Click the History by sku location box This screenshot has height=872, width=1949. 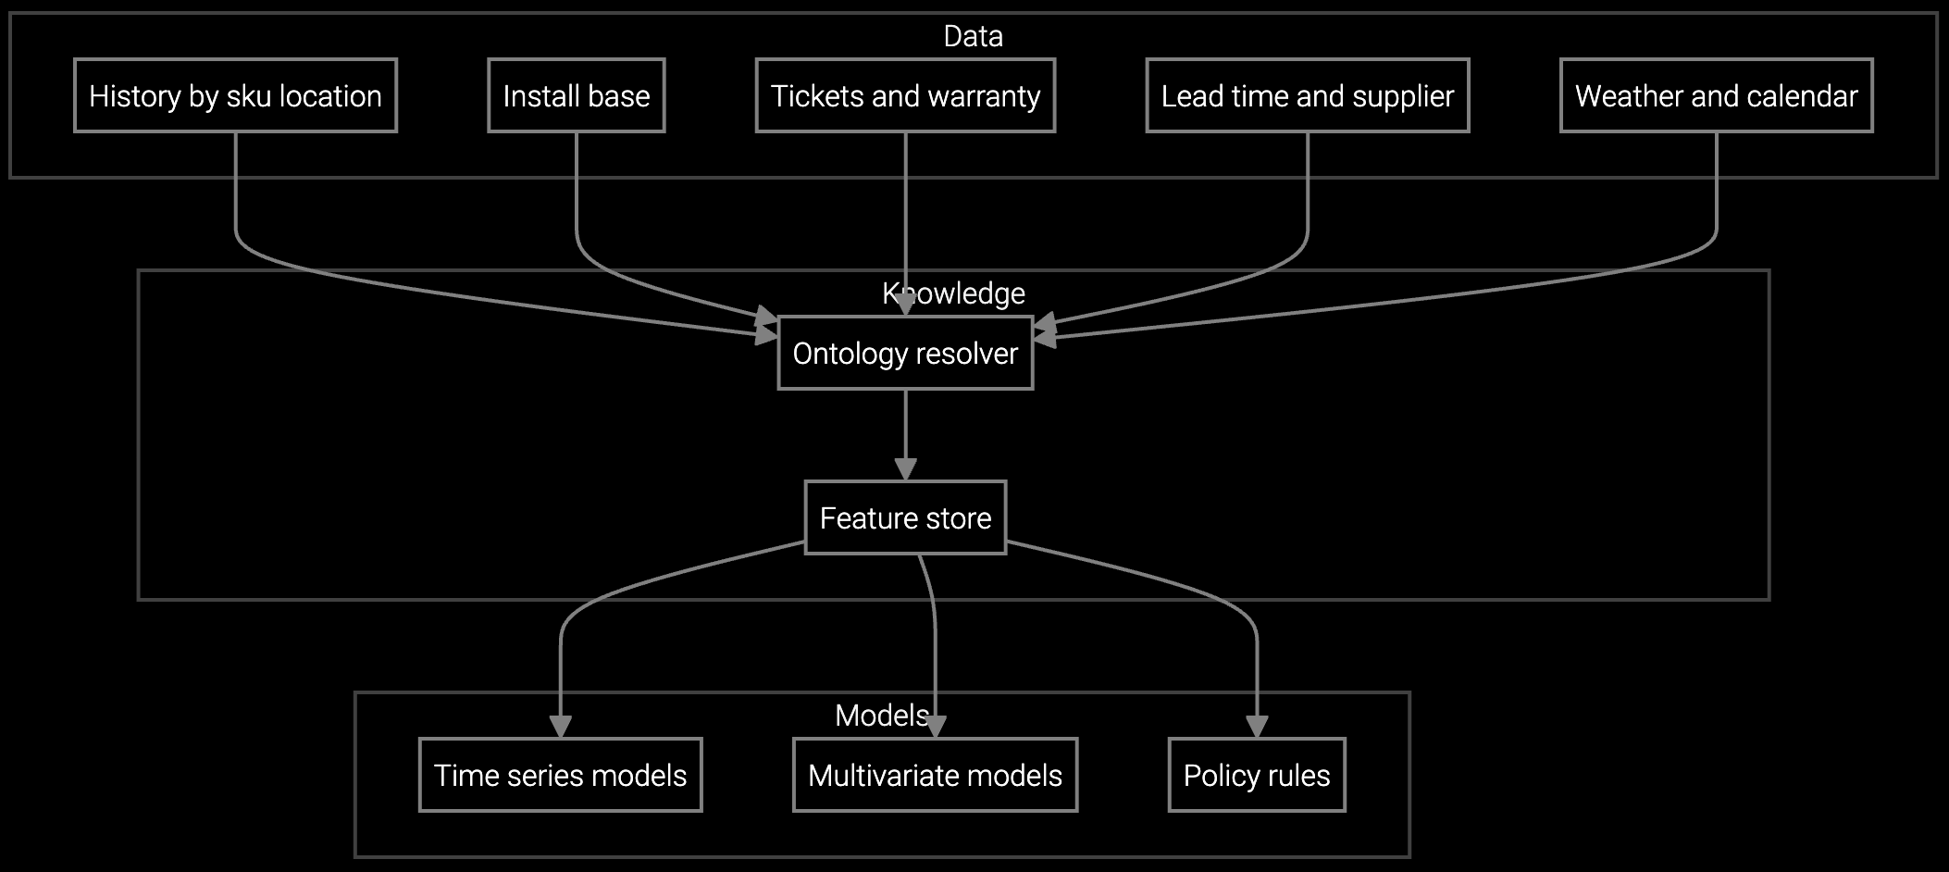(x=235, y=95)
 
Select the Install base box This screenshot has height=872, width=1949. (x=576, y=95)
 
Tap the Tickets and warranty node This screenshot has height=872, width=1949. (x=905, y=95)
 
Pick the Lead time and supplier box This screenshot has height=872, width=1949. (x=1307, y=95)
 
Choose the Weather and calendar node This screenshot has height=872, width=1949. (x=1716, y=95)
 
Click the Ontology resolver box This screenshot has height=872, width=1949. (x=905, y=353)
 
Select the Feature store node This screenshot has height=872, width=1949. (x=905, y=517)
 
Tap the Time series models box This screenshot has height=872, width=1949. (x=560, y=775)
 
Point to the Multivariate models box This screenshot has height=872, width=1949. (x=935, y=775)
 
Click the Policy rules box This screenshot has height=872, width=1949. (x=1256, y=775)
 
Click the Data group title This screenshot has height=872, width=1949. (x=973, y=36)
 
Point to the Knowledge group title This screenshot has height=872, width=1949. (x=953, y=293)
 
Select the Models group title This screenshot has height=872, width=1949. (x=881, y=716)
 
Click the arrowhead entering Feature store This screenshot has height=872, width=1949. (x=905, y=469)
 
